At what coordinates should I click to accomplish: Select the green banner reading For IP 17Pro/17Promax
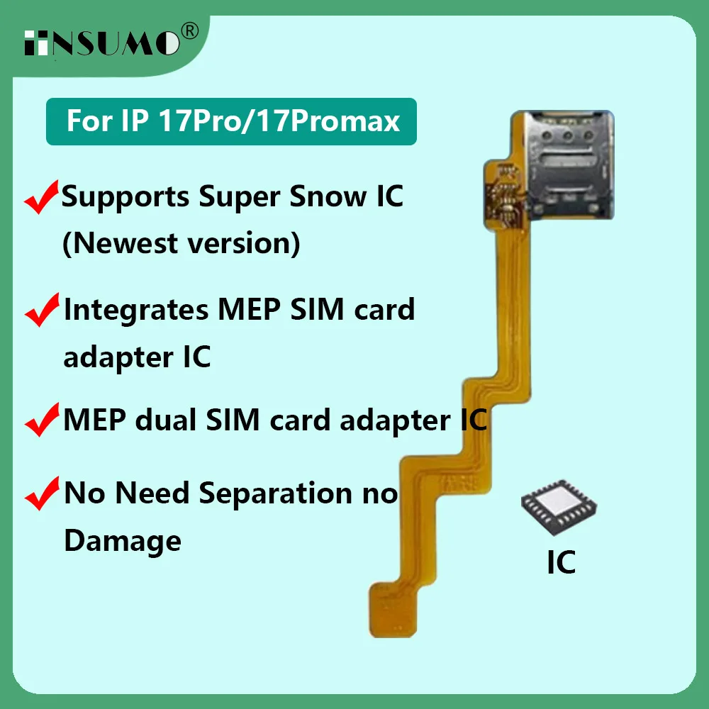(231, 121)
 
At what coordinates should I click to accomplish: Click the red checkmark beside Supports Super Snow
(42, 199)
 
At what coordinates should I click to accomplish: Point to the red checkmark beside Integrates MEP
(42, 311)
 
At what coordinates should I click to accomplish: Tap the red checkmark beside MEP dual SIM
(42, 422)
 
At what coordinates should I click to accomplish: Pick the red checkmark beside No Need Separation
(42, 494)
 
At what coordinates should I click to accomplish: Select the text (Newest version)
(182, 243)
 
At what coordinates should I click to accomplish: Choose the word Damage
(123, 541)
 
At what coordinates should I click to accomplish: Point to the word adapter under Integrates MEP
(107, 357)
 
